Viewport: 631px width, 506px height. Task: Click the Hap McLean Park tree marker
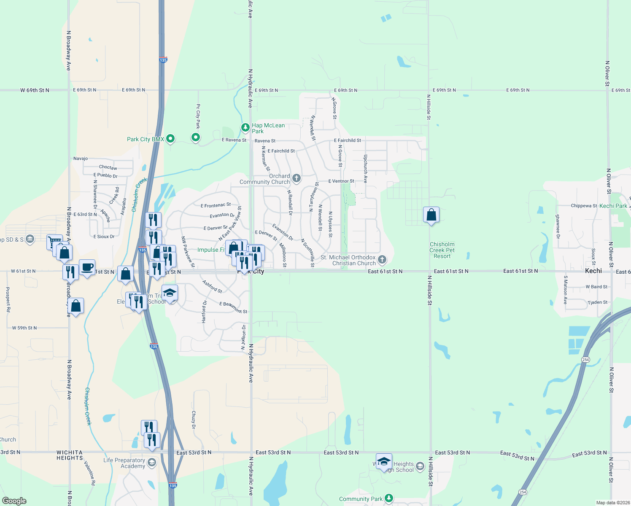click(x=245, y=127)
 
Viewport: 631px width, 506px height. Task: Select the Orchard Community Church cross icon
click(x=297, y=178)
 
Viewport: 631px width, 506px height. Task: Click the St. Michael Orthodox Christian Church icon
click(x=382, y=259)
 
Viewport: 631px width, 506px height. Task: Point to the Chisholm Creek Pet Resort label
click(x=442, y=250)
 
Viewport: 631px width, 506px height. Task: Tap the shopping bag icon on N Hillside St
click(x=431, y=215)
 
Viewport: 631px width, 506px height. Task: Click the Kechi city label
click(x=593, y=271)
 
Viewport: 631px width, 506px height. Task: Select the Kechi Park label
click(x=613, y=206)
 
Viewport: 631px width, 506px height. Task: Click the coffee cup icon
click(x=87, y=267)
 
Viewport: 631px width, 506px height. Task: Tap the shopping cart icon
click(x=54, y=242)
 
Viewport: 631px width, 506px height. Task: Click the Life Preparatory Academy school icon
click(x=152, y=463)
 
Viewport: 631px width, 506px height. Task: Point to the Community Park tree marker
click(x=389, y=498)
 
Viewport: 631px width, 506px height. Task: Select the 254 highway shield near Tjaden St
click(x=585, y=360)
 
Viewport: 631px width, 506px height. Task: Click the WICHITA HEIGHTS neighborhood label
click(x=70, y=455)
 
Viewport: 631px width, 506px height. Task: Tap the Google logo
click(x=14, y=501)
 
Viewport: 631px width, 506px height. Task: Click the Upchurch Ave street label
click(x=366, y=169)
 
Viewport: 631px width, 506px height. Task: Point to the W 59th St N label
click(x=24, y=328)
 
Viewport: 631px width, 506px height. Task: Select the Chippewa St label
click(x=584, y=206)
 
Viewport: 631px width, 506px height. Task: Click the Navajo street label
click(x=81, y=159)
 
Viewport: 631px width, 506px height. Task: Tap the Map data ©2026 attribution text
click(x=611, y=503)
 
